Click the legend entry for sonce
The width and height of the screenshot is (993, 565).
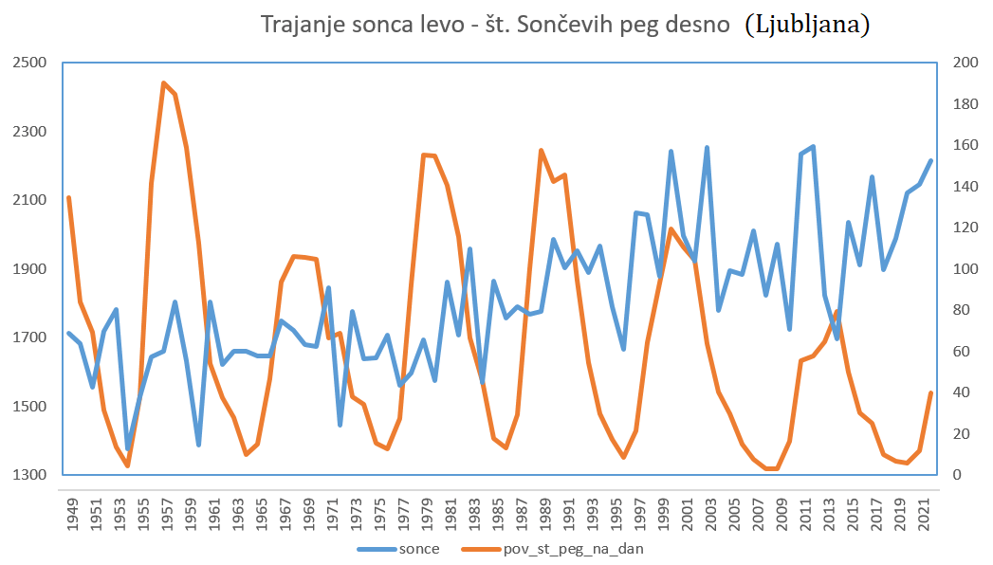click(x=398, y=548)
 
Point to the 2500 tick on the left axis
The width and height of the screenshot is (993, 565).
click(x=29, y=63)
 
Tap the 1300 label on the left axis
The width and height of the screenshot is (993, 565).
click(x=29, y=475)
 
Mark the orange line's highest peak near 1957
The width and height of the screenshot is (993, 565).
click(x=163, y=83)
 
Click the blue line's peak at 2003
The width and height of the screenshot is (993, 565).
click(x=707, y=147)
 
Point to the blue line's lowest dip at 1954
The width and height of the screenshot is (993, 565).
click(x=128, y=448)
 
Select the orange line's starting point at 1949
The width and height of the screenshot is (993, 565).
click(x=69, y=197)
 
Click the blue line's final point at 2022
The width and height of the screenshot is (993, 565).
click(x=931, y=160)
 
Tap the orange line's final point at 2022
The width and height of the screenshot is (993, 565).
click(x=931, y=392)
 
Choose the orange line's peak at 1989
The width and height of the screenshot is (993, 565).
click(x=541, y=150)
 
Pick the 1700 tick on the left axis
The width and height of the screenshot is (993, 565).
click(x=29, y=337)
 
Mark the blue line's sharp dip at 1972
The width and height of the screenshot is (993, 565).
click(x=340, y=425)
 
